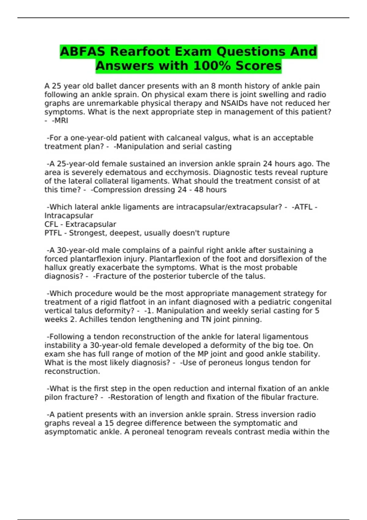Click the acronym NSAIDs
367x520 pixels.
pos(234,103)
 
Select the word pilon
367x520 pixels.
pos(51,397)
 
